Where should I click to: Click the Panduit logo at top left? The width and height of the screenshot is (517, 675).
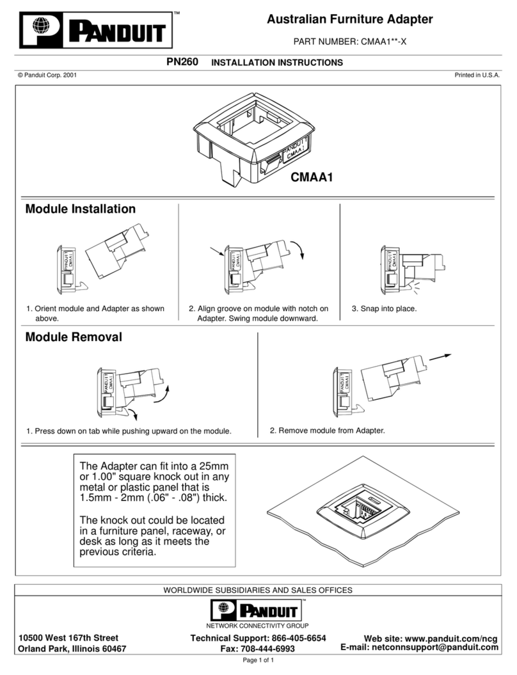pos(96,29)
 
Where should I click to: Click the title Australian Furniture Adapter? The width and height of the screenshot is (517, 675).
pos(349,19)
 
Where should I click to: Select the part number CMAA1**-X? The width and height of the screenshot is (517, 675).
pos(383,42)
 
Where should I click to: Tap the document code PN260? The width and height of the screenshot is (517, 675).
pos(182,62)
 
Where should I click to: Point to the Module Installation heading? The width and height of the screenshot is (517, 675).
pos(81,209)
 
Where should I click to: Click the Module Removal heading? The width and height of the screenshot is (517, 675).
pos(74,337)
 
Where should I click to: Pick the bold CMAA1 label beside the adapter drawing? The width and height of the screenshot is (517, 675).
pos(312,177)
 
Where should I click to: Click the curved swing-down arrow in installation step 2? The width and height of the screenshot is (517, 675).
pos(298,250)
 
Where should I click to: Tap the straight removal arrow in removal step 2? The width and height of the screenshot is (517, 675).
pos(440,357)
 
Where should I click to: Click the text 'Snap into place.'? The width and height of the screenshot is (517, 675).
pos(388,308)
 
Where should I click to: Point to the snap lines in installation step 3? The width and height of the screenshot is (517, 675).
pos(414,287)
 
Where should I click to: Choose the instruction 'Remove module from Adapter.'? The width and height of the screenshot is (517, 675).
pos(331,431)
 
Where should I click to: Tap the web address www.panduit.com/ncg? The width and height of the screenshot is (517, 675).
pos(451,639)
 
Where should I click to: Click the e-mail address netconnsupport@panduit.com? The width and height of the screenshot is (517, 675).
pos(435,647)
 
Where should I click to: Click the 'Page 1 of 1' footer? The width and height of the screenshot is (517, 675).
pos(258,660)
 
